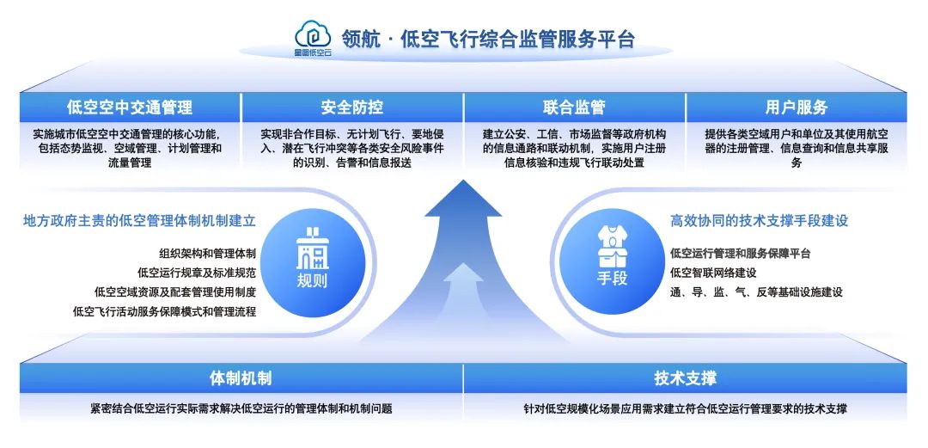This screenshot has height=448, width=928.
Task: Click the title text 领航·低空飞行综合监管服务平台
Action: [x=488, y=40]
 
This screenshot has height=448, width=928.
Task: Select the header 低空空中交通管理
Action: [x=130, y=107]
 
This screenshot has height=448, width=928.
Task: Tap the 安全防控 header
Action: [x=352, y=107]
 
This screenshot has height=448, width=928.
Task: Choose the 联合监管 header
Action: [x=574, y=107]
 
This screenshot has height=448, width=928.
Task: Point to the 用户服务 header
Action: [x=797, y=107]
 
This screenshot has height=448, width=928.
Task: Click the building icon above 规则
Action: [x=312, y=249]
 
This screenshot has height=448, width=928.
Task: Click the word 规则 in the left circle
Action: [x=312, y=281]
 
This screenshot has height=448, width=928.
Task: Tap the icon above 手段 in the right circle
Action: [x=613, y=247]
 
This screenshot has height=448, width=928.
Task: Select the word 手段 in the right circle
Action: [x=613, y=279]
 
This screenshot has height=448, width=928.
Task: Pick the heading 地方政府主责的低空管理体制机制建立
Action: [x=139, y=221]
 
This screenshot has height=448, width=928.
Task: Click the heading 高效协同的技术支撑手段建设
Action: [x=759, y=221]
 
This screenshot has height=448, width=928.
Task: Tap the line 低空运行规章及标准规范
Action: [x=197, y=273]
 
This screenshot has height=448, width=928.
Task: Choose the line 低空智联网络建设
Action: [x=713, y=273]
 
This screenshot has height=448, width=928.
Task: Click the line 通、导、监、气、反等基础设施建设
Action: [x=756, y=292]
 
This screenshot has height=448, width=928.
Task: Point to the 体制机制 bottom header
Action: [x=241, y=378]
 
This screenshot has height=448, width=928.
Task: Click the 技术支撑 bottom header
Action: [x=685, y=378]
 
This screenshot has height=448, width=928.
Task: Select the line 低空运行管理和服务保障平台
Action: [x=740, y=254]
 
